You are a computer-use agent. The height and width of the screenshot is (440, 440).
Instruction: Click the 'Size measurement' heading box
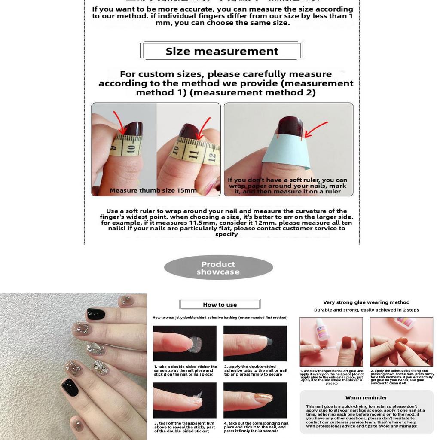(x=222, y=51)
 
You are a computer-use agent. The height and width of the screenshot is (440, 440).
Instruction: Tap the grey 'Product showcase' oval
(x=218, y=268)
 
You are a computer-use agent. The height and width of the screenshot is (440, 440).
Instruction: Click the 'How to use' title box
(x=220, y=305)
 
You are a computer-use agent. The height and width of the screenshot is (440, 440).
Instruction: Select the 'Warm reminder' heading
(x=366, y=397)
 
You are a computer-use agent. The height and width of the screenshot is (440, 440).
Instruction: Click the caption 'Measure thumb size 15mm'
(x=153, y=190)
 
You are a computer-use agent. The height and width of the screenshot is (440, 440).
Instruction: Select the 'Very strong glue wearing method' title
(x=366, y=302)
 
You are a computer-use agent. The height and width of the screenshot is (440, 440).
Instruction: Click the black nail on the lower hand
(x=70, y=387)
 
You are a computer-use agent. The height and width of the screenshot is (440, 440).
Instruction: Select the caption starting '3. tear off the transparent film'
(x=185, y=427)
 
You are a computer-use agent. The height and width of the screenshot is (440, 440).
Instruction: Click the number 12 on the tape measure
(x=211, y=157)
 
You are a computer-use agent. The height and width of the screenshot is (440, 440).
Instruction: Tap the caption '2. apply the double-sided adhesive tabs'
(x=255, y=370)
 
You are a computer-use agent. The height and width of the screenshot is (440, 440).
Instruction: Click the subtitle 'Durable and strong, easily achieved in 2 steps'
(x=366, y=310)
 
